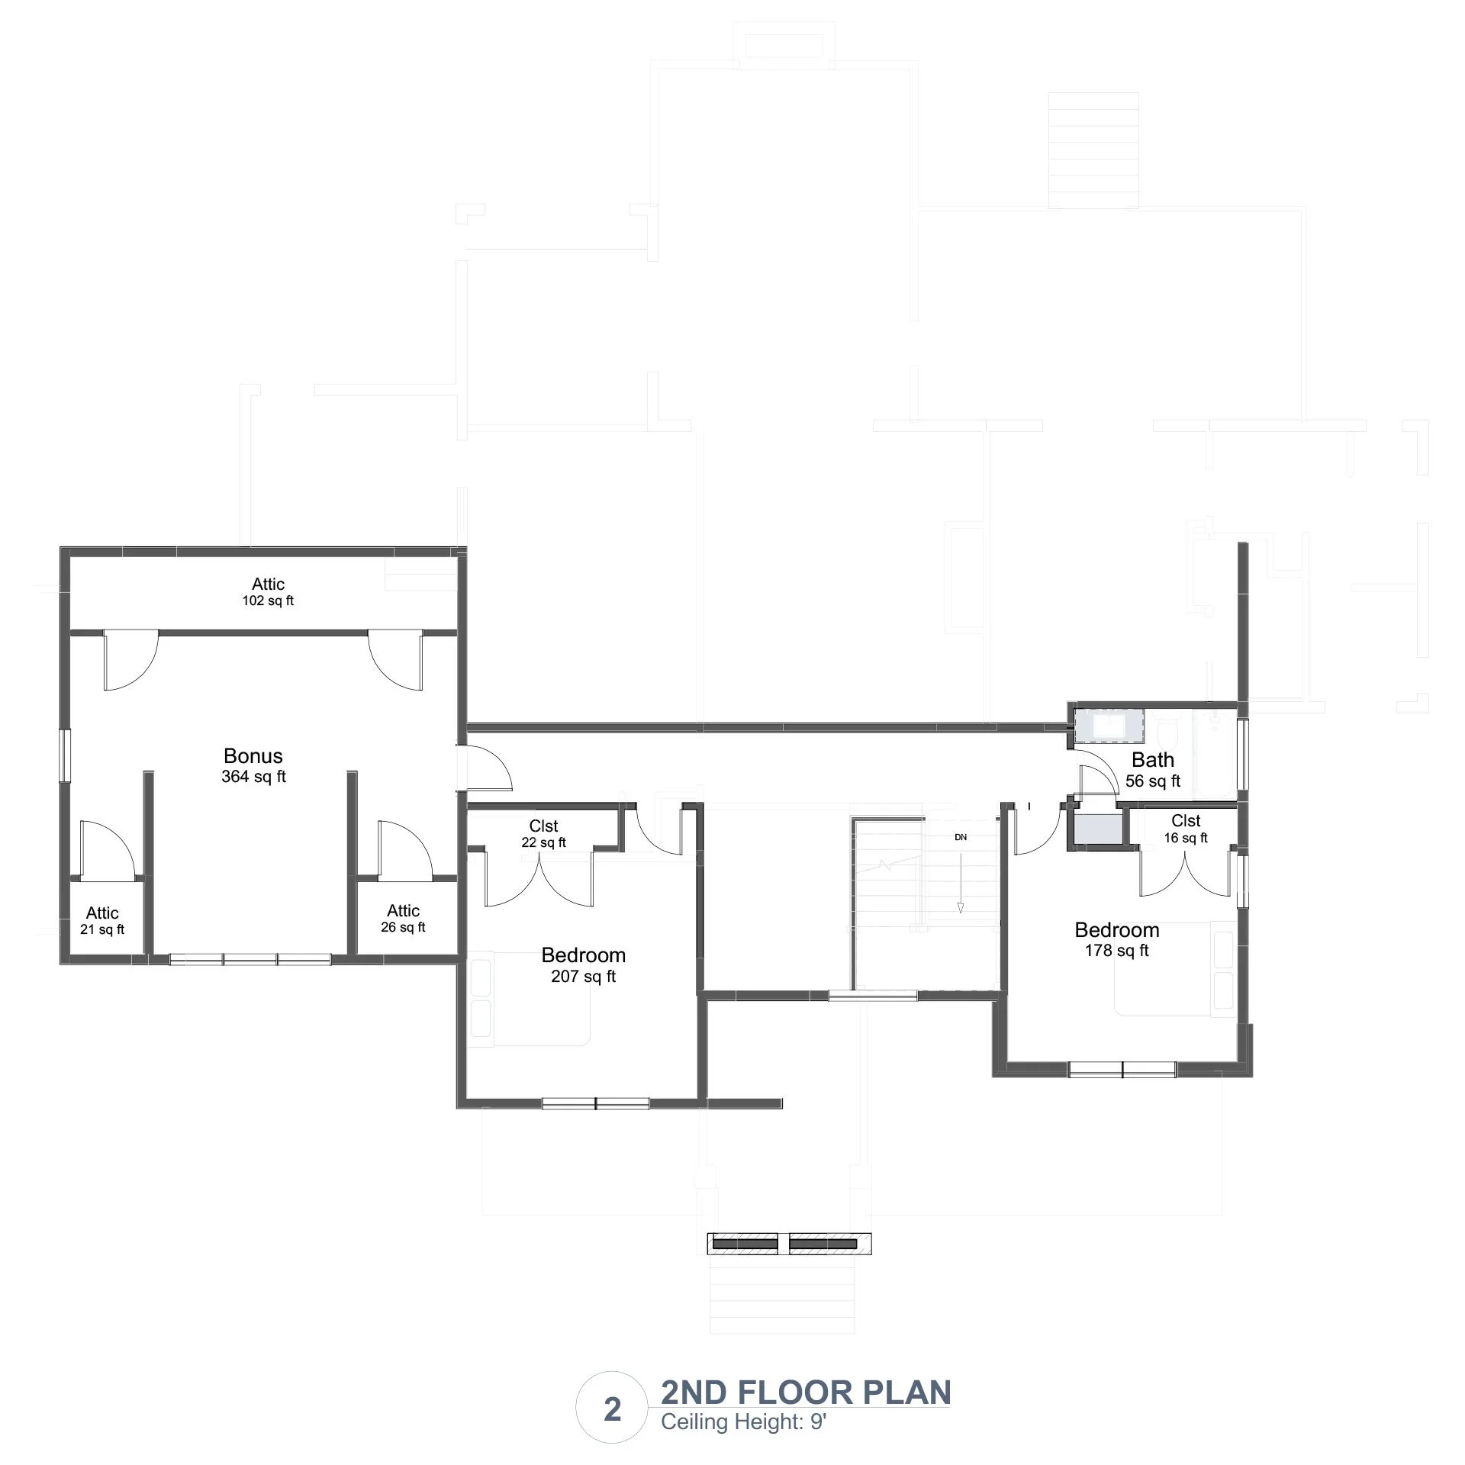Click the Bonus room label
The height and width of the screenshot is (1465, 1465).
tap(253, 765)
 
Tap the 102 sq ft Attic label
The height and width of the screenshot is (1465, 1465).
tap(268, 591)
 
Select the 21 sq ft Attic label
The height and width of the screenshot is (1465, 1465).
tap(102, 920)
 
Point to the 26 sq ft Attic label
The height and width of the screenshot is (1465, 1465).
tap(403, 918)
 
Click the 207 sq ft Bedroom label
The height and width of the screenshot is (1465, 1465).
tap(584, 964)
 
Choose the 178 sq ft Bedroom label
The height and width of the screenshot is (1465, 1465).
tap(1117, 939)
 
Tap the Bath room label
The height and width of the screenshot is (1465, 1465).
tap(1153, 769)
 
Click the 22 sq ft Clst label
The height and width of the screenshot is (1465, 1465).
tap(544, 833)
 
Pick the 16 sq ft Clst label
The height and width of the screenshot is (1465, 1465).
tap(1186, 829)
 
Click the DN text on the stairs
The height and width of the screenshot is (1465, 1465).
tap(961, 837)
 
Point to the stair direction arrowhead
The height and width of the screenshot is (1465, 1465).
tap(961, 907)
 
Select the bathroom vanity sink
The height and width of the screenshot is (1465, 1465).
tap(1110, 725)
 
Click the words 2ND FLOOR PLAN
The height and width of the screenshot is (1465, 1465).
tap(806, 1393)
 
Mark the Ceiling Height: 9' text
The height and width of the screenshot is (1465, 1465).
tap(744, 1422)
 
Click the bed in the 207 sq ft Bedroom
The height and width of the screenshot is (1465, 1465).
tap(530, 999)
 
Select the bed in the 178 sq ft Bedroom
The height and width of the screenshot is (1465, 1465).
tap(1175, 969)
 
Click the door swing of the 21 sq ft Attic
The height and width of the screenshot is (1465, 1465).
tap(107, 848)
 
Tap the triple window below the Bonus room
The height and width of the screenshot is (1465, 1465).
tap(250, 959)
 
